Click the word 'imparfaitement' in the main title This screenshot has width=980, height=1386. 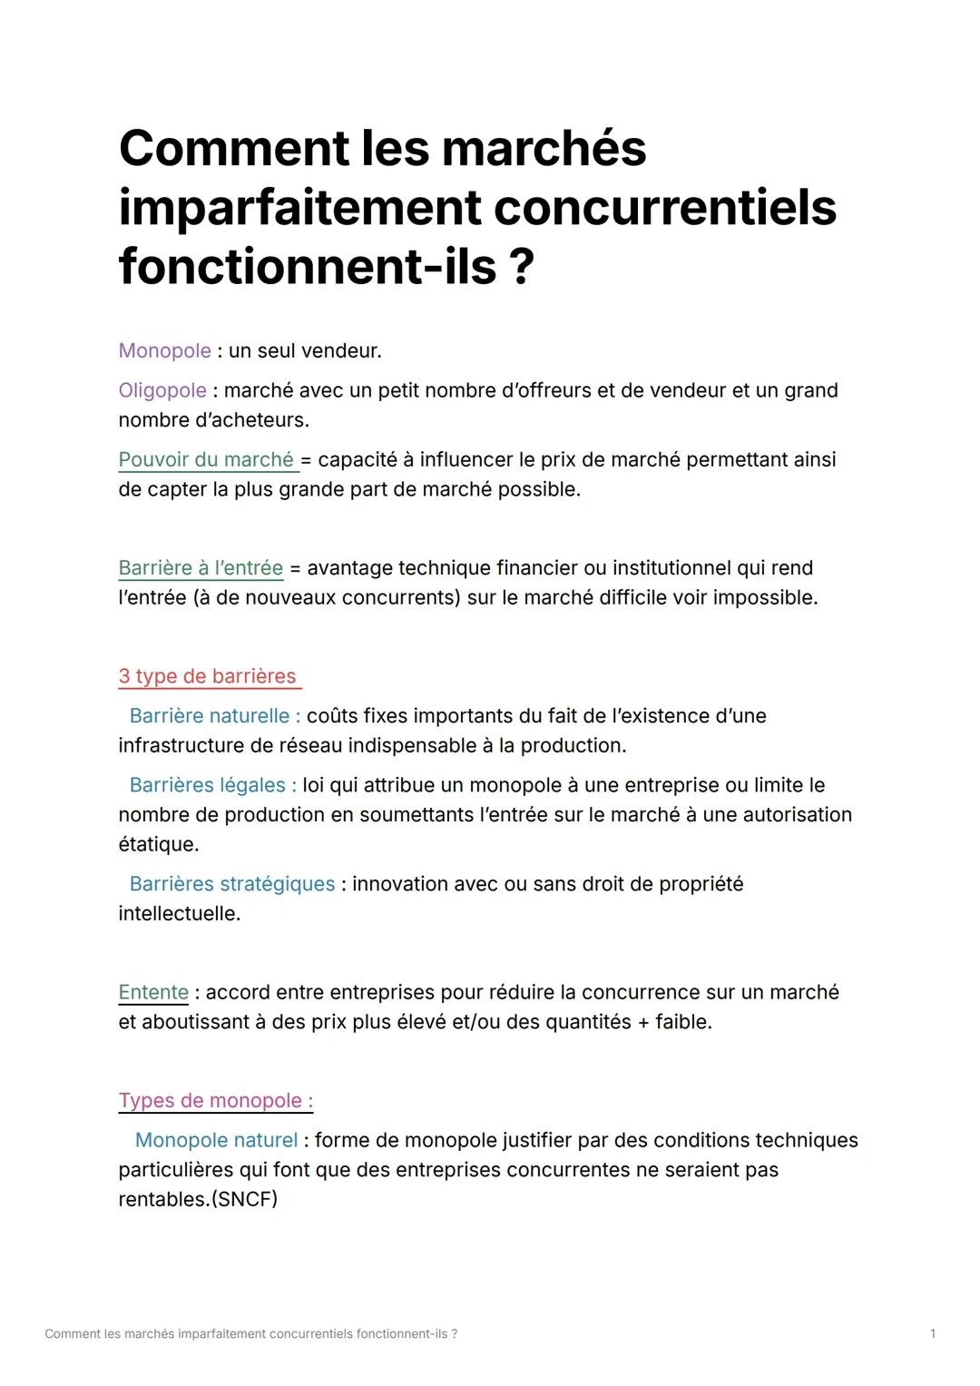pyautogui.click(x=299, y=208)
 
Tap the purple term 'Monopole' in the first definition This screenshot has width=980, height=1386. pyautogui.click(x=164, y=350)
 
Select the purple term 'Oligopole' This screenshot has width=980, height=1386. pyautogui.click(x=162, y=390)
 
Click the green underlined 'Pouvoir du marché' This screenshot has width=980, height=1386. pyautogui.click(x=206, y=459)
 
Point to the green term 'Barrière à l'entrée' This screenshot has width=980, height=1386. pyautogui.click(x=201, y=568)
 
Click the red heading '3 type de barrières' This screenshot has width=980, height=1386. pyautogui.click(x=207, y=676)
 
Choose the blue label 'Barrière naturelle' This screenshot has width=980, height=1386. pyautogui.click(x=210, y=716)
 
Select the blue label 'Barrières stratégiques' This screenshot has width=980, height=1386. pyautogui.click(x=232, y=884)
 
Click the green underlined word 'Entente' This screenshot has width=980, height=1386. pyautogui.click(x=153, y=992)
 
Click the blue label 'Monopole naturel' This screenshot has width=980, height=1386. pyautogui.click(x=216, y=1140)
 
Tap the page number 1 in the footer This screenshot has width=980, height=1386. pyautogui.click(x=933, y=1333)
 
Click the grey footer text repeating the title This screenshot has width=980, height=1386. pyautogui.click(x=250, y=1333)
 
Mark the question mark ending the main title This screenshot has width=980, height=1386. pyautogui.click(x=521, y=268)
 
